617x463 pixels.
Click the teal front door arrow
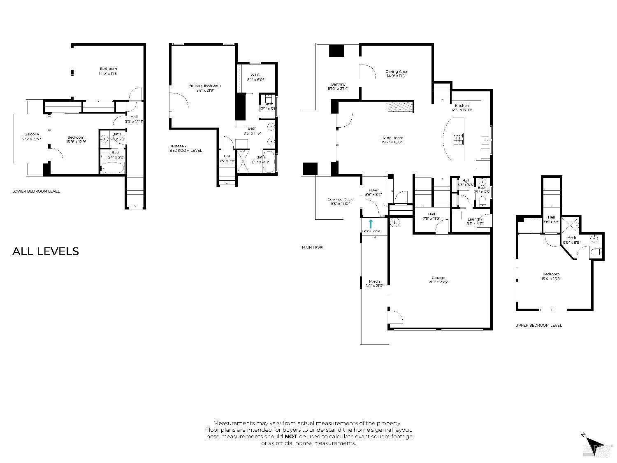pyautogui.click(x=371, y=224)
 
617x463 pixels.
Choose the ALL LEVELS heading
pyautogui.click(x=45, y=251)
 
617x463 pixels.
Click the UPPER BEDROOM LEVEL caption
pyautogui.click(x=538, y=326)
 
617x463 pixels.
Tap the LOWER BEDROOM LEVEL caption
pyautogui.click(x=36, y=191)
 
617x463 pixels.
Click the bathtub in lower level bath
pyautogui.click(x=112, y=168)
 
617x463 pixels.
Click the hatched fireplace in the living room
pyautogui.click(x=400, y=107)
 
